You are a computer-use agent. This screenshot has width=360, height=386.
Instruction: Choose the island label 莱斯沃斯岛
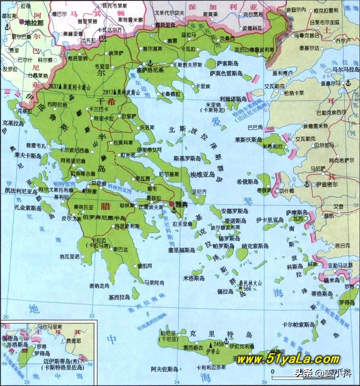(248, 140)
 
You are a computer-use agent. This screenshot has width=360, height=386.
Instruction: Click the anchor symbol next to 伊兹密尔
(306, 184)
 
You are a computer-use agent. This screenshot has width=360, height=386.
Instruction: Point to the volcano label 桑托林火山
(250, 283)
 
